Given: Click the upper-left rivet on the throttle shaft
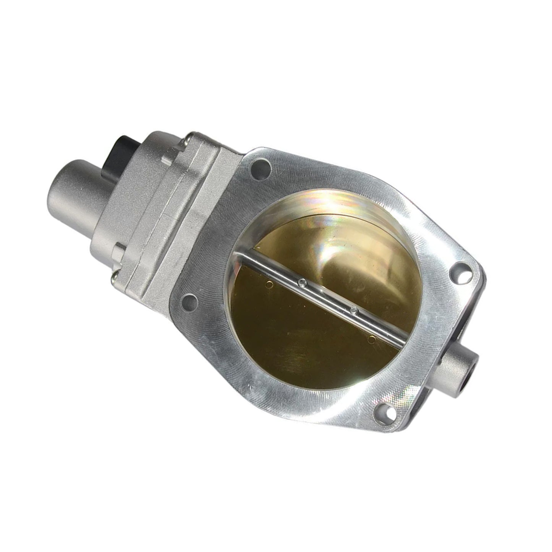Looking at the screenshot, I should (x=302, y=283).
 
